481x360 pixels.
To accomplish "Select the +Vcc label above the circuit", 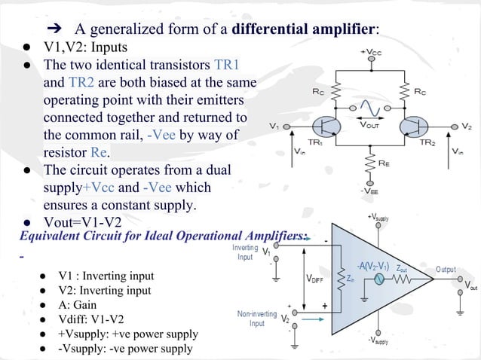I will coord(371,52).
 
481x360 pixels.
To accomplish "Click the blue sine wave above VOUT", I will coord(369,109).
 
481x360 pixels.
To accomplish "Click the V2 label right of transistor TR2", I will coord(467,126).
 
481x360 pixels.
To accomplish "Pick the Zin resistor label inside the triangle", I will coord(351,278).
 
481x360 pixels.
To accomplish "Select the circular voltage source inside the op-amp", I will coord(380,278).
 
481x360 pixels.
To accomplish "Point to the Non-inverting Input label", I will coord(257,319).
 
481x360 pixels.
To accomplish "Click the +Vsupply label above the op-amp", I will coord(378,217).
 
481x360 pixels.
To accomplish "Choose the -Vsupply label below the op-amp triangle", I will coord(378,340).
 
